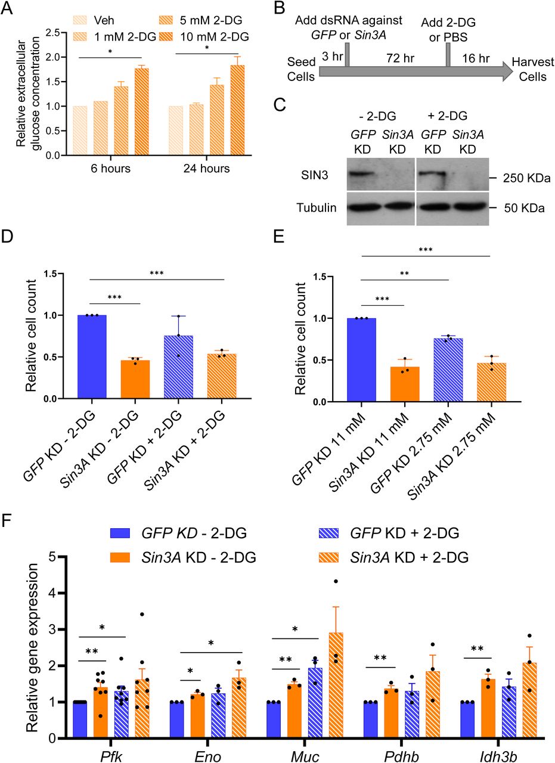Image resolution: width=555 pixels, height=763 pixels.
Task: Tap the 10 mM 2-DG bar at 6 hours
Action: (141, 112)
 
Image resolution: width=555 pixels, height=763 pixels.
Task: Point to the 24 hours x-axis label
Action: (206, 169)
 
